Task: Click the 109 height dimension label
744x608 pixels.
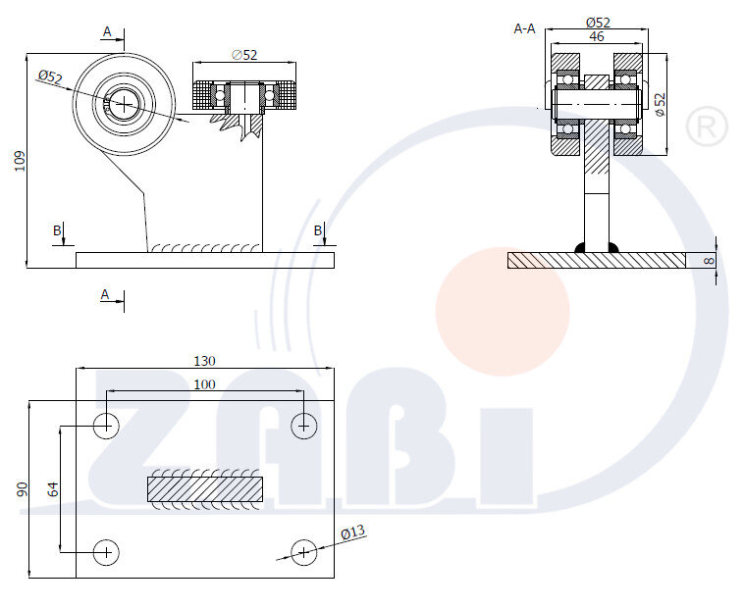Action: coord(20,161)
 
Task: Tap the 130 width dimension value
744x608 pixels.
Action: coord(204,361)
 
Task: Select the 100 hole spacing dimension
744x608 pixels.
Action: coord(204,384)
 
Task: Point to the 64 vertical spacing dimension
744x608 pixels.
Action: coord(53,489)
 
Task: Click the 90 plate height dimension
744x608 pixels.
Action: coord(23,490)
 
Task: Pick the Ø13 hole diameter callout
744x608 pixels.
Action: coord(353,532)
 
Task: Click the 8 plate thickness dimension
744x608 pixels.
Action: coord(709,260)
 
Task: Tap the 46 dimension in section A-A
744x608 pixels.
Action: coord(597,36)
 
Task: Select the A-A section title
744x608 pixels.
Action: coord(524,28)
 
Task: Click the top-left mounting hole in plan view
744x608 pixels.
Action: coord(106,426)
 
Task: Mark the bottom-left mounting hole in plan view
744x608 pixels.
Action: coord(106,552)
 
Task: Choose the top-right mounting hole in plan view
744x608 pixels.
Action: coord(303,426)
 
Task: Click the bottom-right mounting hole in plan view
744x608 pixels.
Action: coord(303,552)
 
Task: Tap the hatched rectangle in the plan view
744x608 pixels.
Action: coord(205,489)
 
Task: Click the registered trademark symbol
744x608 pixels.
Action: coord(707,127)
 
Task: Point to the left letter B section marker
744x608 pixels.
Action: coord(57,230)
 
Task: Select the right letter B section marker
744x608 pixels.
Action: coord(318,230)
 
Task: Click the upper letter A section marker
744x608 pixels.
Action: coord(107,31)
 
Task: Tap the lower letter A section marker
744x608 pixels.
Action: coord(105,295)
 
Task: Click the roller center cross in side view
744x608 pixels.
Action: coord(124,104)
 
